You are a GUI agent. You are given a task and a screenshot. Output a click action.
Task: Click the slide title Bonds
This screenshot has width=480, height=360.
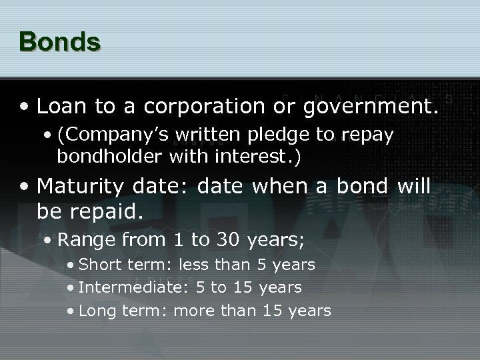click(60, 41)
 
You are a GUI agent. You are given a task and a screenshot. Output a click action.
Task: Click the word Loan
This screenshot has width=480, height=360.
click(61, 106)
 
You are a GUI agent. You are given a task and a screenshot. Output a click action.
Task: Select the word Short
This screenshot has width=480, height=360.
click(98, 265)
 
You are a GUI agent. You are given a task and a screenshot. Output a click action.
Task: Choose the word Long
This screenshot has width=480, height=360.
click(96, 311)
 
